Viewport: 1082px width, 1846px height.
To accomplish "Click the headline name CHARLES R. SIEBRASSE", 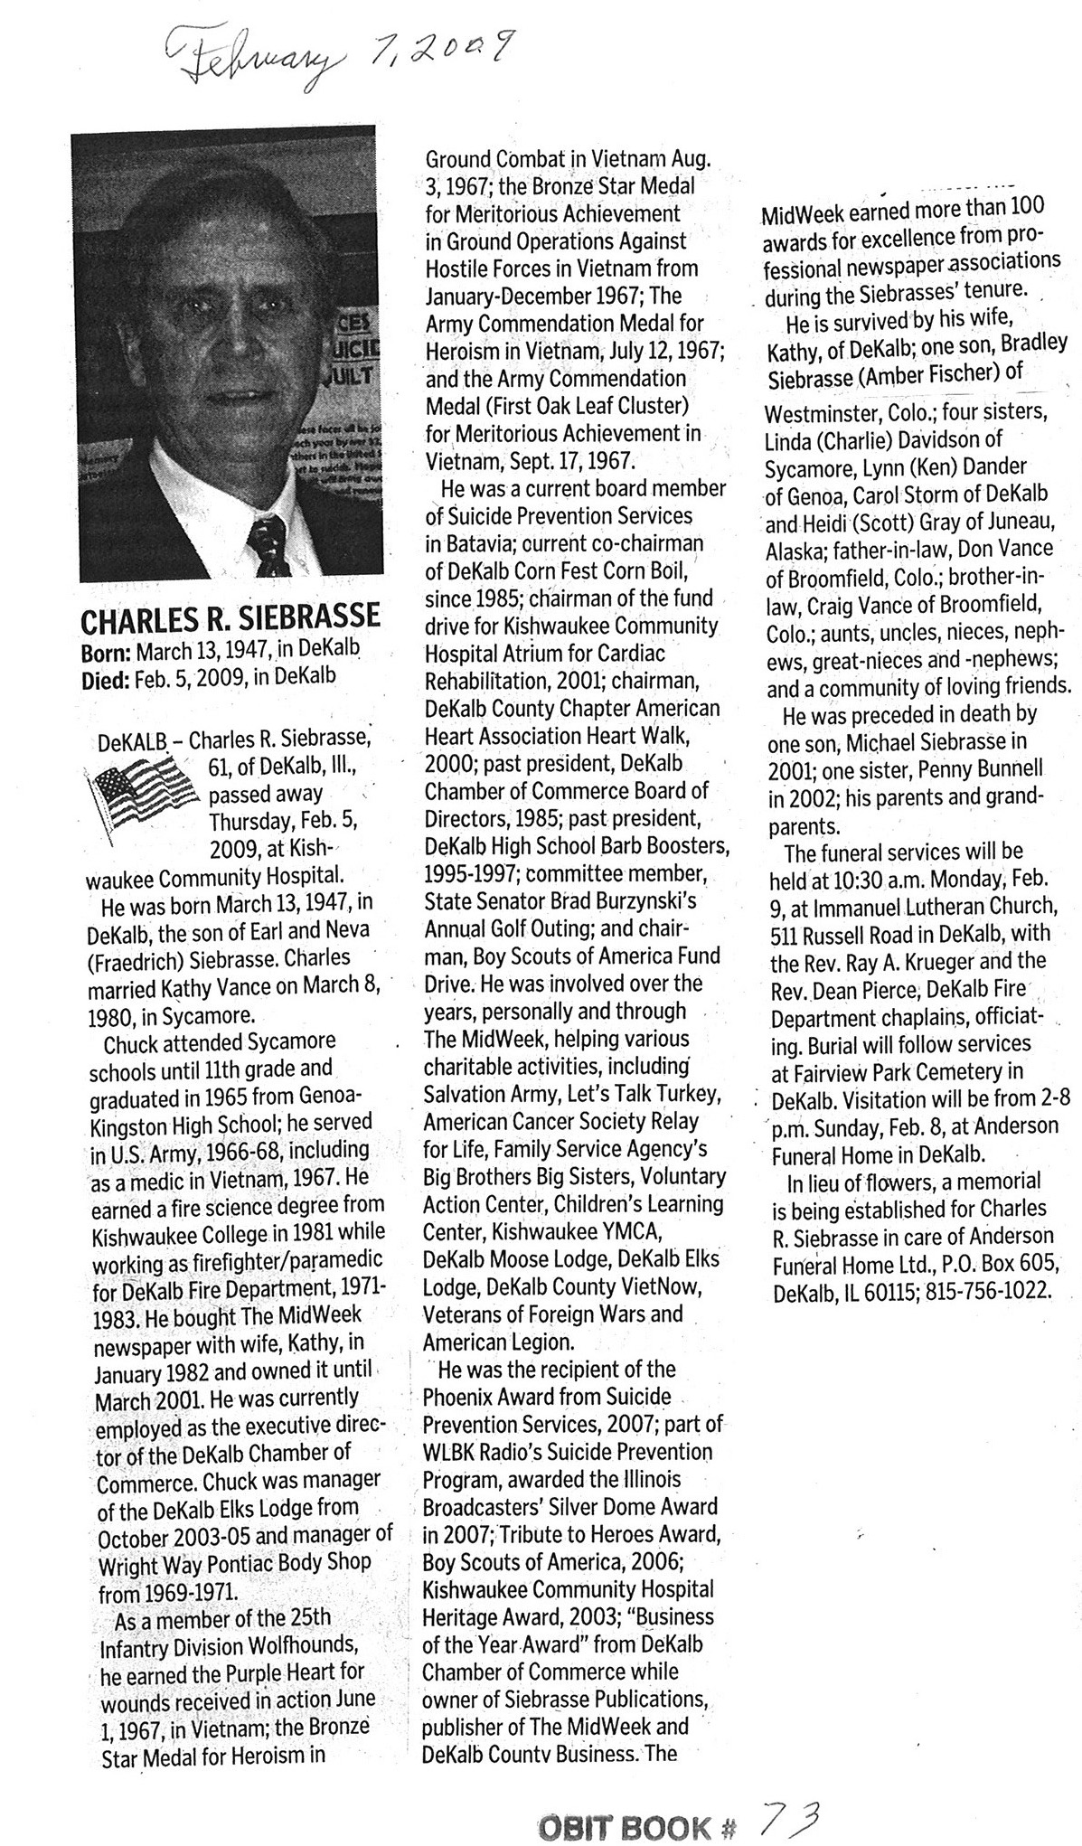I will pyautogui.click(x=231, y=620).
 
